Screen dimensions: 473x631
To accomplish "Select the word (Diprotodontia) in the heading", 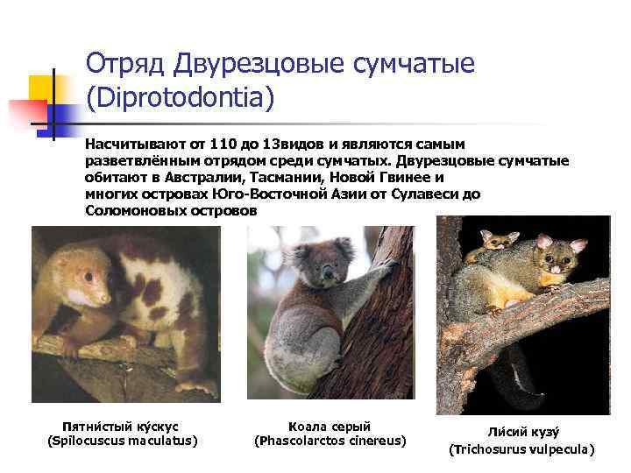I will tap(181, 98).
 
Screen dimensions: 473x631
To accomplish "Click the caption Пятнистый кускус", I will tap(122, 425).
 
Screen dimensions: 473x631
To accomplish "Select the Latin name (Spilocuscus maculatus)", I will tap(122, 440).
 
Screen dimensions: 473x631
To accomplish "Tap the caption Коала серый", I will tap(330, 425).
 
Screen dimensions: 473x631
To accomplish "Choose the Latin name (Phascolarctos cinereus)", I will tap(330, 440).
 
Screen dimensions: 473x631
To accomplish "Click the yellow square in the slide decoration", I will tap(40, 88).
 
